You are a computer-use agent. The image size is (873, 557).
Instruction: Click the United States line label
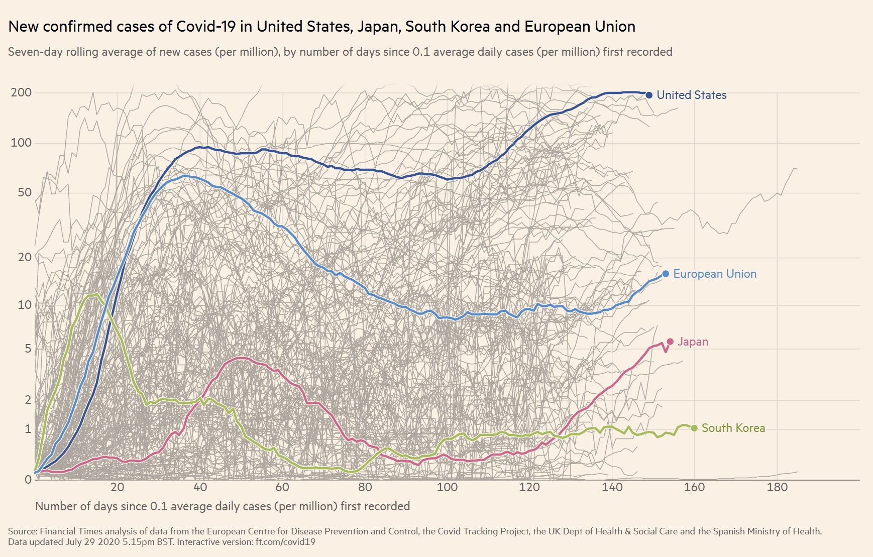point(691,95)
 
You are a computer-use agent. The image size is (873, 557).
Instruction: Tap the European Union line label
point(714,274)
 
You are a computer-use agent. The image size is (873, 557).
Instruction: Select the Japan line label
point(693,342)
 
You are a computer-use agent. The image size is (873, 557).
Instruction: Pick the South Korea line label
point(733,428)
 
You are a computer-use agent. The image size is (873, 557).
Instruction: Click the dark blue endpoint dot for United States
point(649,95)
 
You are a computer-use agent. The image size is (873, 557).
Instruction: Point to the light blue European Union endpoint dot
point(666,274)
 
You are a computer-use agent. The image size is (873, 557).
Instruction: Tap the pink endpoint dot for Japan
point(670,342)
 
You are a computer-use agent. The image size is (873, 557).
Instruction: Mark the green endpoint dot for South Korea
point(694,428)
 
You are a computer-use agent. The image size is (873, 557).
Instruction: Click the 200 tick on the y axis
point(21,92)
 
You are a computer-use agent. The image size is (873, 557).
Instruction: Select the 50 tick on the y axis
point(25,192)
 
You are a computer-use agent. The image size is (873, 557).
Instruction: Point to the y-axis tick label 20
point(25,257)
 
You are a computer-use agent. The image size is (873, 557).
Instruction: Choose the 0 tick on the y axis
point(28,479)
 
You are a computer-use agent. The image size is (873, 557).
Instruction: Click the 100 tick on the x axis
point(447,487)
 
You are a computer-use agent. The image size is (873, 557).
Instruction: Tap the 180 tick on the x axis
point(777,487)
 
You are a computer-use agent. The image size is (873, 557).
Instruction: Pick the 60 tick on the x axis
point(282,487)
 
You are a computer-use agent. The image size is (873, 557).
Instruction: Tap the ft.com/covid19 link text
point(285,542)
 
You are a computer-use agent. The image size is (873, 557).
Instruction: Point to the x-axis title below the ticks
point(223,506)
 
